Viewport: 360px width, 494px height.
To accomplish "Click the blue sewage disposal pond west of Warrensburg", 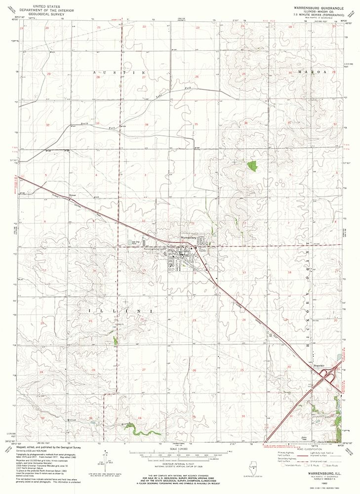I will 134,244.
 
